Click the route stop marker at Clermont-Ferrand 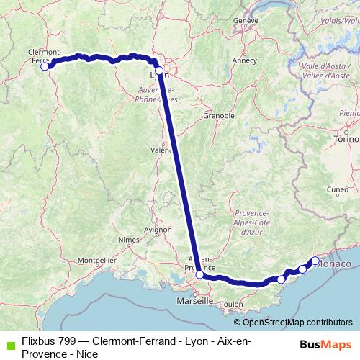click(x=44, y=66)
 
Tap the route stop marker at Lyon click(x=159, y=71)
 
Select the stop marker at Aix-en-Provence click(x=199, y=274)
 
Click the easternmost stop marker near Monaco click(x=315, y=261)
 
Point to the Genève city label click(x=246, y=21)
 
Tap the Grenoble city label click(x=219, y=115)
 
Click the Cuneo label click(x=337, y=190)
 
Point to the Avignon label click(x=158, y=230)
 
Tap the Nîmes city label click(x=128, y=238)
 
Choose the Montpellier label click(x=96, y=259)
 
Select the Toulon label click(x=232, y=305)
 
